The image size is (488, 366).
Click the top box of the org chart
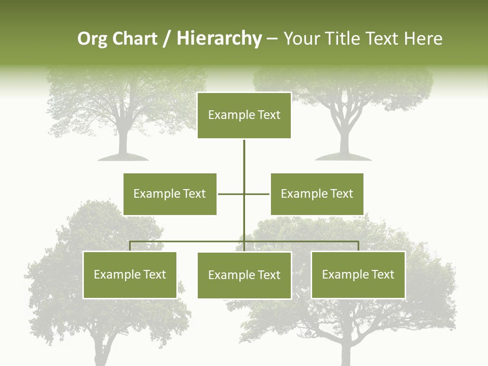(244, 115)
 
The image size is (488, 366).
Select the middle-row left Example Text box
(170, 194)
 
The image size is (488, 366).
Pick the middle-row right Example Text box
(317, 194)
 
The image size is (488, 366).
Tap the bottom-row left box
(130, 274)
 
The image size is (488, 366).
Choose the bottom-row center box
(244, 275)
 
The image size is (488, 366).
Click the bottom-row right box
(358, 274)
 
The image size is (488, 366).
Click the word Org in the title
(92, 39)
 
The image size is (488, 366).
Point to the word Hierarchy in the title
(219, 39)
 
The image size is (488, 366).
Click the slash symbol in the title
(166, 39)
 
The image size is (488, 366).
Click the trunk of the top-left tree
(123, 140)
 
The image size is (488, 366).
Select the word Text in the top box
(267, 115)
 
